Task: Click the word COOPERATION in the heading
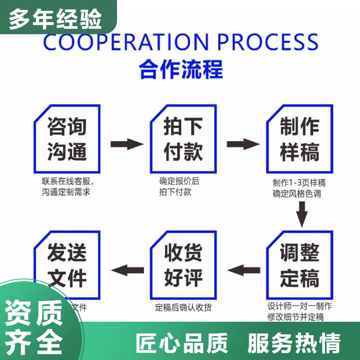pos(125,42)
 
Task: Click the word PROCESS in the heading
pos(268,42)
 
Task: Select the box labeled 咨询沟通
pos(67,139)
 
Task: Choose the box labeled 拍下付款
pos(183,139)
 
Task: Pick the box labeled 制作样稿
pos(300,139)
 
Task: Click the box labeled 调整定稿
pos(300,265)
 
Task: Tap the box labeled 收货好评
pos(183,265)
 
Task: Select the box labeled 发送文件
pos(67,265)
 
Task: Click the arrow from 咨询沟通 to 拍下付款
pos(126,144)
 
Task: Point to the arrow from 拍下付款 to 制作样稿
pos(243,144)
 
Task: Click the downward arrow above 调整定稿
pos(302,213)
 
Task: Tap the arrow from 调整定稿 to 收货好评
pos(243,270)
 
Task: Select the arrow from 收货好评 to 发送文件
pos(127,270)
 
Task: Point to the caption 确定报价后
pos(179,182)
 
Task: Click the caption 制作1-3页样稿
pos(299,183)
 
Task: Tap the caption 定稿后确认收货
pos(183,308)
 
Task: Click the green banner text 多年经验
pos(55,19)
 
